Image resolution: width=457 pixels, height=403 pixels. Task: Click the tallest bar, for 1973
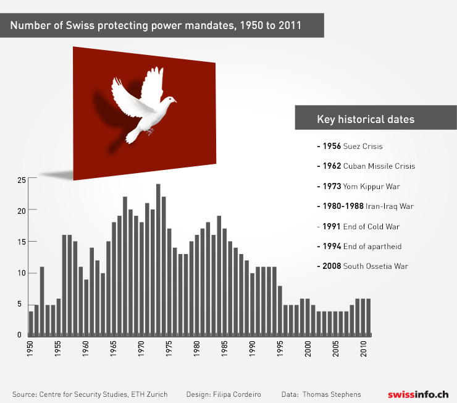click(158, 260)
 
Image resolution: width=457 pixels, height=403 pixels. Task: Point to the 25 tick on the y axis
click(22, 180)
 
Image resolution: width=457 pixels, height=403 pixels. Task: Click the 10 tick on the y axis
click(22, 273)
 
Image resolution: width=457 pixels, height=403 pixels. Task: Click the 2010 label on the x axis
click(363, 346)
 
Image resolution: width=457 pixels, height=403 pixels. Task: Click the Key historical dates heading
click(365, 119)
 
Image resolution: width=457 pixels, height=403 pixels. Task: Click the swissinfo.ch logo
click(418, 394)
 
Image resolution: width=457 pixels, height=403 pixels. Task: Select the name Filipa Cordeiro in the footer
click(239, 394)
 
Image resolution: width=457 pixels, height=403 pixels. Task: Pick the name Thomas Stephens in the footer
click(332, 394)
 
